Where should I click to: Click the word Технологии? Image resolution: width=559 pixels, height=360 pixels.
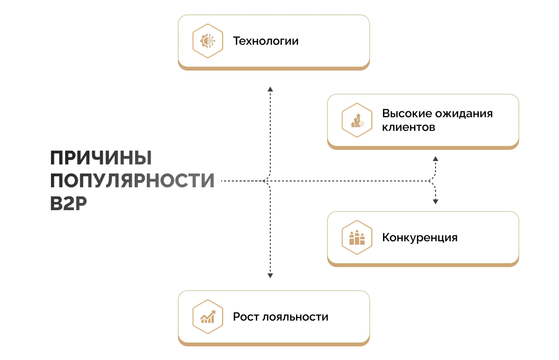tap(265, 41)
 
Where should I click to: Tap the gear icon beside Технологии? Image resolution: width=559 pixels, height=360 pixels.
tap(208, 41)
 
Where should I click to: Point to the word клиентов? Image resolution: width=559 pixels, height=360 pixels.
tap(408, 127)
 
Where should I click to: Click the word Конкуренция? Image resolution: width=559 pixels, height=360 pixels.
tap(420, 238)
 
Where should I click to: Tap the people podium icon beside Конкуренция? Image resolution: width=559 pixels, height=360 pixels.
tap(357, 238)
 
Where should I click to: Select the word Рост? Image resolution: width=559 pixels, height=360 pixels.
tap(245, 317)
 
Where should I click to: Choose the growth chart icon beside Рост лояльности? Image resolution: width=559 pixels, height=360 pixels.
tap(208, 317)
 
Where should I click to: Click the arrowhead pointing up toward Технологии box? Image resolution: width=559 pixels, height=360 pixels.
tap(270, 89)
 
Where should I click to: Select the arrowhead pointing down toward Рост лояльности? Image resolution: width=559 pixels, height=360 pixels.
tap(270, 276)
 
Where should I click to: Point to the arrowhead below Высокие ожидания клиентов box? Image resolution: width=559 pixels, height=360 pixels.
tap(436, 159)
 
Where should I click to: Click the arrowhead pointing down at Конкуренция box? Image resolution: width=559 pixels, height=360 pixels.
tap(436, 201)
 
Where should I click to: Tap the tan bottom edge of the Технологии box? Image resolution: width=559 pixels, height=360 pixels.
tap(274, 68)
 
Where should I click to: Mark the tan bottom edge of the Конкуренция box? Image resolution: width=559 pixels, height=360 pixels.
tap(423, 264)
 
